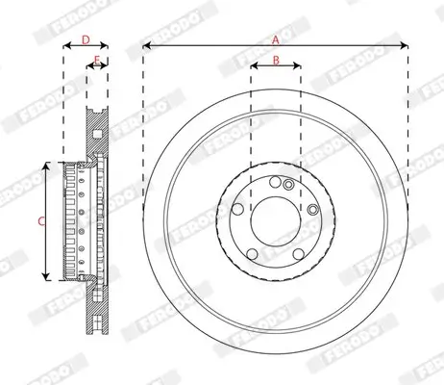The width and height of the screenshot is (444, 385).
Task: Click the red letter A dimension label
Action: coord(275,39)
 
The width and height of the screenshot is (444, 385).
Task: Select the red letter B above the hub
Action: coord(275,61)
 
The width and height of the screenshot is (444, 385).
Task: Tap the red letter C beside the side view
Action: coord(40,221)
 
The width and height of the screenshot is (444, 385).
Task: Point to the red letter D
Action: coord(86,39)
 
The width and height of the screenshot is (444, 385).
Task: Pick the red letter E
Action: coord(97,61)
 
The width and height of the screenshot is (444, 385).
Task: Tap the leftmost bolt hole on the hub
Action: coord(237,208)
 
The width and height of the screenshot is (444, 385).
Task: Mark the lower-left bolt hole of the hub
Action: coord(252,253)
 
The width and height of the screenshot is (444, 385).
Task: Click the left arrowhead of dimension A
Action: coord(145,46)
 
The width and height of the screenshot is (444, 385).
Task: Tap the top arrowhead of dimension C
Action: coord(47,166)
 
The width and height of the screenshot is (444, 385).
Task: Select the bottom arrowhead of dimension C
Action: coord(47,277)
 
